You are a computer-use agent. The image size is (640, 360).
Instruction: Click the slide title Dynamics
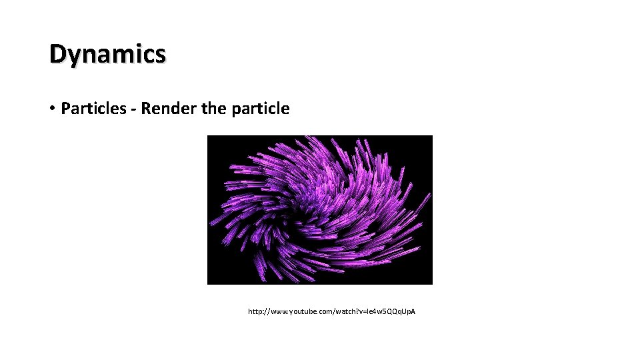point(107,54)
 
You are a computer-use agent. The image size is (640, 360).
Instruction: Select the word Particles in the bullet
point(93,109)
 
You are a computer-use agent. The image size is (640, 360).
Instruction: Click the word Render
point(167,109)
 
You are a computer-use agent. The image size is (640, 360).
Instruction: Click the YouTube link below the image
point(331,311)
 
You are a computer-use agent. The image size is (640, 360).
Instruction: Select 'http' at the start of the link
point(255,311)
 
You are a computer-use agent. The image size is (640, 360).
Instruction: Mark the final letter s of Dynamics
point(160,55)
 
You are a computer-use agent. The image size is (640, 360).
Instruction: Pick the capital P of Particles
point(65,109)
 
